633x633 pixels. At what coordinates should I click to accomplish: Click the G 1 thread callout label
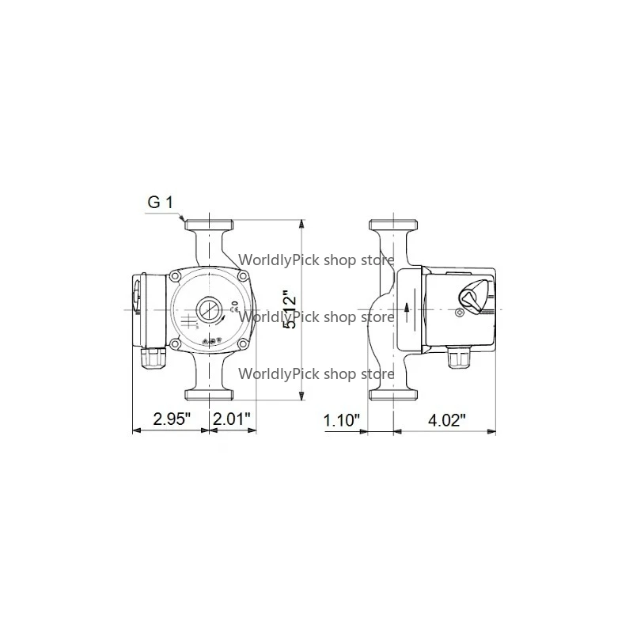(160, 203)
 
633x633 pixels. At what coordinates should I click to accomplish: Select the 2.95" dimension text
(172, 419)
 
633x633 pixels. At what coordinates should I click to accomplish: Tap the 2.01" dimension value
(232, 419)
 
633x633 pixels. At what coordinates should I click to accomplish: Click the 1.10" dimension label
(342, 419)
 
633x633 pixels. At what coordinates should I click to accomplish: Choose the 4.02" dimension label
(446, 419)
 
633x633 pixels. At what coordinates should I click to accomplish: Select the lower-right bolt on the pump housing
(244, 343)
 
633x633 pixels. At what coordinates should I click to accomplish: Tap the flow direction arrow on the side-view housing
(406, 308)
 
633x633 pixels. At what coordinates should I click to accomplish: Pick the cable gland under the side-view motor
(457, 359)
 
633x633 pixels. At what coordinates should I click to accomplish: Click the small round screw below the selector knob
(460, 313)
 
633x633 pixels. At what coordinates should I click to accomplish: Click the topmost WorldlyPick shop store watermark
(316, 258)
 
